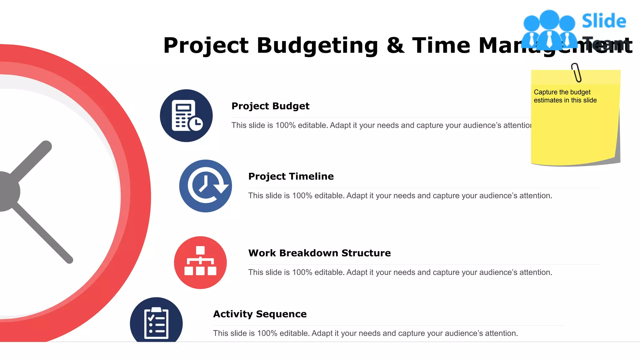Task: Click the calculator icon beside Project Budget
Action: click(186, 116)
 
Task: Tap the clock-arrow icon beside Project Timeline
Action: click(205, 186)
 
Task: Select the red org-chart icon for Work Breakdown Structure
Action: click(200, 262)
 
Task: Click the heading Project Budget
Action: click(270, 106)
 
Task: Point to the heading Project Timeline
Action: click(291, 176)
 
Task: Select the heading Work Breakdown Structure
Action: click(319, 253)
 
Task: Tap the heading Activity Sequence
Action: click(260, 314)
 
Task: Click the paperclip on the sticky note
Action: click(576, 72)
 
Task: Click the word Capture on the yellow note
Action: click(546, 92)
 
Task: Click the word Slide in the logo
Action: click(604, 21)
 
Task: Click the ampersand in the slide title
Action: click(395, 46)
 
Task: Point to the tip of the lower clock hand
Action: click(69, 260)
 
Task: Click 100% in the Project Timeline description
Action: click(302, 196)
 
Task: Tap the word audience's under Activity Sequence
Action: click(463, 333)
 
